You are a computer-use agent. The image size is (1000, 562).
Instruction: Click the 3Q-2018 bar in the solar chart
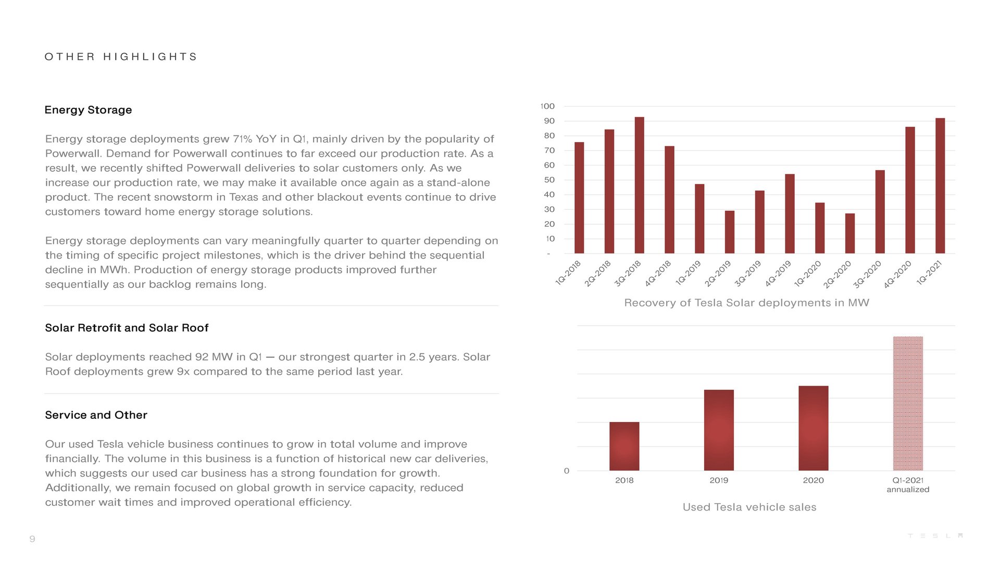click(x=639, y=185)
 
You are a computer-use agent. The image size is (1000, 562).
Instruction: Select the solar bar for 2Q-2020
click(x=849, y=233)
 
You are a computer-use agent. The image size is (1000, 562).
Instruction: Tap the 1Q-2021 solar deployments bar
click(x=940, y=186)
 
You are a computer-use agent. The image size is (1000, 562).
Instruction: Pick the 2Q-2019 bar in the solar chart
click(x=729, y=232)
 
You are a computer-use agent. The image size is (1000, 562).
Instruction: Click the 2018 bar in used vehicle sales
click(x=624, y=446)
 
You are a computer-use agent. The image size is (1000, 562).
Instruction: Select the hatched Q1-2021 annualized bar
click(x=908, y=403)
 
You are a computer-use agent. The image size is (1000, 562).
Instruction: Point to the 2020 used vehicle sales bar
click(x=813, y=428)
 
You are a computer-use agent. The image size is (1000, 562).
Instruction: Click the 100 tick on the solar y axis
click(x=547, y=106)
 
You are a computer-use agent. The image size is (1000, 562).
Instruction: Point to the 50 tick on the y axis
click(x=549, y=180)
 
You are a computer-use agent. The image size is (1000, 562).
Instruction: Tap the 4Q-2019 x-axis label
click(x=778, y=274)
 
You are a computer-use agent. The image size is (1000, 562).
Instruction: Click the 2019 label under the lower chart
click(x=719, y=480)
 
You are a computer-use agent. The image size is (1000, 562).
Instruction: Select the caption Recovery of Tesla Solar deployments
click(x=746, y=303)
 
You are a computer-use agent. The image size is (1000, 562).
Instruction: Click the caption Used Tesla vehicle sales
click(x=749, y=507)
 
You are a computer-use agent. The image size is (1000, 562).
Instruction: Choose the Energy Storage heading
click(x=88, y=110)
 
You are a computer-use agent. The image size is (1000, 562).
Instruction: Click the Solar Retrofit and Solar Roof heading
click(x=127, y=328)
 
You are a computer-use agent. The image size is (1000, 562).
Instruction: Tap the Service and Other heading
click(x=96, y=415)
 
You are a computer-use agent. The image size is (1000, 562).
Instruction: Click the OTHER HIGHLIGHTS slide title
click(x=121, y=57)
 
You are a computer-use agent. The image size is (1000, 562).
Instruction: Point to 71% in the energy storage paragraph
click(x=242, y=139)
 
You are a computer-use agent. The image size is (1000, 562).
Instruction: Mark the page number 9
click(x=32, y=539)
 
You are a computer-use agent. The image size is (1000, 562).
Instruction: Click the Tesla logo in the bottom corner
click(x=935, y=536)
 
